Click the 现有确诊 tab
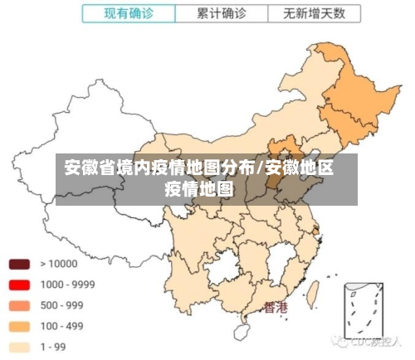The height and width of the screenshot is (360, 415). (129, 14)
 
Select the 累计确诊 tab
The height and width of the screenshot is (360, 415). (222, 14)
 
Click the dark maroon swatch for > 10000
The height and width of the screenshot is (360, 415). (20, 265)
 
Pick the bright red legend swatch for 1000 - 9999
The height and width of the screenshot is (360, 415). (20, 285)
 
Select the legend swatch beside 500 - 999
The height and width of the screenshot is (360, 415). (20, 306)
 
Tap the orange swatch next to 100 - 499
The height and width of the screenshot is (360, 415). (20, 327)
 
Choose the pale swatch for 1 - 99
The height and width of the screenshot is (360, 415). (20, 347)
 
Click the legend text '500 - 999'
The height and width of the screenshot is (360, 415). (62, 305)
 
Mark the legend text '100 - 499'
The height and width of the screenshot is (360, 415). (62, 326)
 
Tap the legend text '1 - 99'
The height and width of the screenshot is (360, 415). (55, 347)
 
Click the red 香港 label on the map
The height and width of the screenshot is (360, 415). (275, 307)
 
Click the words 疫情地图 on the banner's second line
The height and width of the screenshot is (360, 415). (199, 188)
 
